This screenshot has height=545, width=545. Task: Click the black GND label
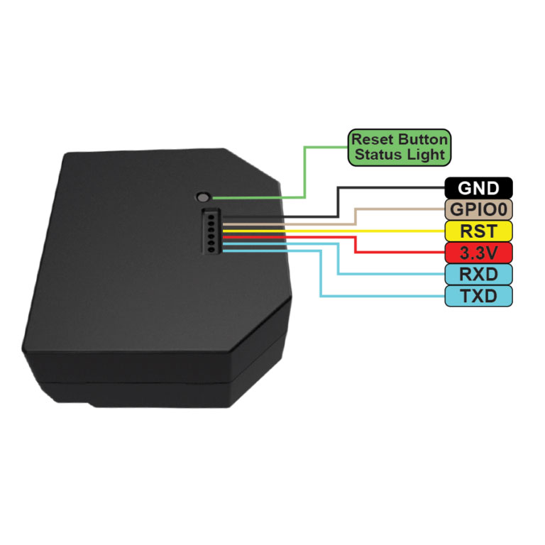click(x=478, y=188)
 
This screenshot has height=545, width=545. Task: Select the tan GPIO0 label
click(x=478, y=209)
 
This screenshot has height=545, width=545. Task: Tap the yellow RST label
click(x=478, y=231)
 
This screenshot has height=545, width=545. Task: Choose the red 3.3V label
click(x=478, y=252)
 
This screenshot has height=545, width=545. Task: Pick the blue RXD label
click(x=478, y=274)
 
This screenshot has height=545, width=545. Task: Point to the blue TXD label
click(x=478, y=295)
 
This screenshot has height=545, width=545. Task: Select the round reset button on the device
click(x=204, y=197)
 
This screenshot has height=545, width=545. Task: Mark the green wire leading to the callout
click(x=304, y=170)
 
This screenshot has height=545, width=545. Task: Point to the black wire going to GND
click(x=338, y=202)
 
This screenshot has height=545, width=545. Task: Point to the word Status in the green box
click(x=378, y=154)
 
